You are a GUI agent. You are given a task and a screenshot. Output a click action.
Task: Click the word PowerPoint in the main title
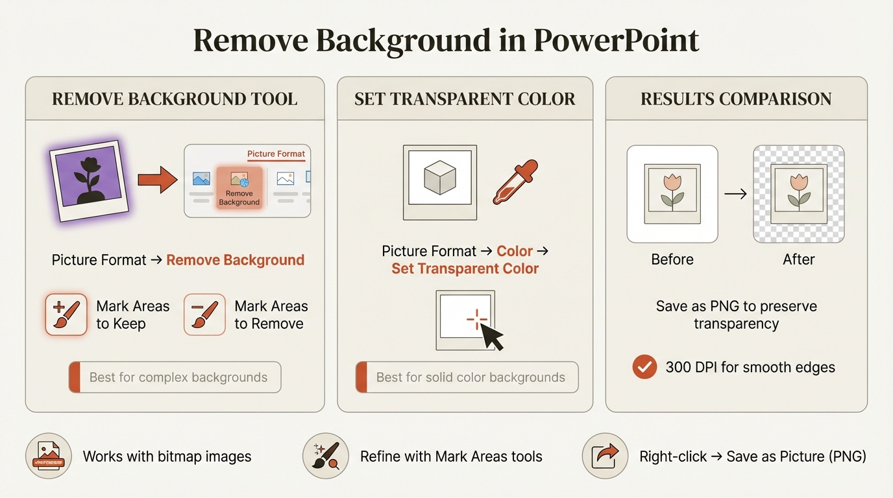coord(616,41)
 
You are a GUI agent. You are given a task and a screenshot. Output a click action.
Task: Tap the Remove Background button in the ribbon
coord(239,187)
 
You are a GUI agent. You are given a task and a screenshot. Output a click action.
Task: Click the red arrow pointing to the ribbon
coord(158,180)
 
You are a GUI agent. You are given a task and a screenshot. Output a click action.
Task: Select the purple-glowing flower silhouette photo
coord(89,179)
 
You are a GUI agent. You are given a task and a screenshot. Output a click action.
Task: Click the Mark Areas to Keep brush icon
coord(66,314)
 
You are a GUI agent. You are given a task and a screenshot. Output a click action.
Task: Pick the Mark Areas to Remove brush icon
coord(204,314)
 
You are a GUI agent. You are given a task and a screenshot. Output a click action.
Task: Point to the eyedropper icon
coord(516,182)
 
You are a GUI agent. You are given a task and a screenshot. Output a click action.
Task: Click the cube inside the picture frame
coord(439,177)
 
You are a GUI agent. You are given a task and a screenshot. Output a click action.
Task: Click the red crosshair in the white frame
coord(477,319)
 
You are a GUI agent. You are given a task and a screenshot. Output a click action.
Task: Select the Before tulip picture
coord(672,193)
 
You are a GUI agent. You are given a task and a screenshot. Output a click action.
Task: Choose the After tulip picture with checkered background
coord(798,193)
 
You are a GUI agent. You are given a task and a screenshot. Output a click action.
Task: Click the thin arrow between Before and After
coord(735,193)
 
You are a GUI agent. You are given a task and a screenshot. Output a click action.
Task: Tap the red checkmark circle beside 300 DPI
coord(644,367)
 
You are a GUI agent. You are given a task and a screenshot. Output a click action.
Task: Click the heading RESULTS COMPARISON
coord(736,99)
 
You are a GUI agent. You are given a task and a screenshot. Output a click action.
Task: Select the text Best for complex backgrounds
coord(178,377)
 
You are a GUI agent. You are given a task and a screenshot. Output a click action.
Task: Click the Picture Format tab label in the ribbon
coord(276,154)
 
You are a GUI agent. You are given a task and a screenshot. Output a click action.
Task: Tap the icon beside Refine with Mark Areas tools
coord(324,456)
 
